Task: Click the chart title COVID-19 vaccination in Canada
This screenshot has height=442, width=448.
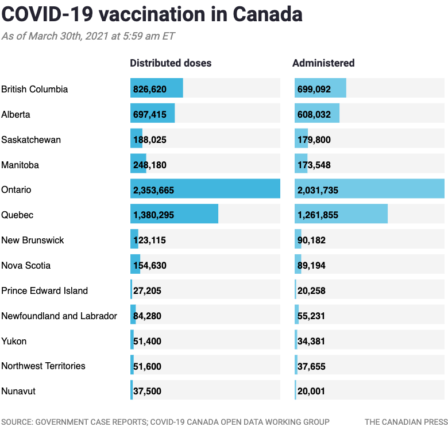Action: click(x=152, y=14)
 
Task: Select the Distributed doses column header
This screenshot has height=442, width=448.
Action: click(x=171, y=63)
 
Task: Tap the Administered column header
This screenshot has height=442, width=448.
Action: click(x=323, y=63)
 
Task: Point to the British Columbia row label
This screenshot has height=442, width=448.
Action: click(x=34, y=89)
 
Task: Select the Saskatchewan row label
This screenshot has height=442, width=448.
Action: click(x=31, y=139)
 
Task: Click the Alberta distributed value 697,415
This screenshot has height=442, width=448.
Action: click(x=149, y=115)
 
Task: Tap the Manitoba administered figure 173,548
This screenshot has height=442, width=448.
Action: click(x=314, y=165)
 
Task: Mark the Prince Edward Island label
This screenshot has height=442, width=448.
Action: click(x=44, y=290)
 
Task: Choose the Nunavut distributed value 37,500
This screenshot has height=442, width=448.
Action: click(x=147, y=391)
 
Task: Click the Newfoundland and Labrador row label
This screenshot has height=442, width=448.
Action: click(x=59, y=316)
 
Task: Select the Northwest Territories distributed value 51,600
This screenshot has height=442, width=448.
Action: click(x=147, y=366)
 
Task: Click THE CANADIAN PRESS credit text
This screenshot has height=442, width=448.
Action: click(x=405, y=422)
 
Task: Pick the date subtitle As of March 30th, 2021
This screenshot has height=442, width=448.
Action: click(x=88, y=36)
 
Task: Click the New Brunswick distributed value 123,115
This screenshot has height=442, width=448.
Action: click(x=149, y=241)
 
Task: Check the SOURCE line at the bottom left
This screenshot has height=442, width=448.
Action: click(x=165, y=422)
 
